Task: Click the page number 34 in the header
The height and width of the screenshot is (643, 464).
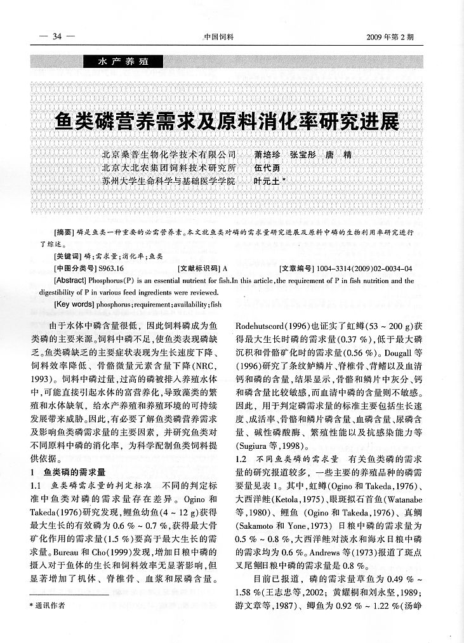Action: (56, 36)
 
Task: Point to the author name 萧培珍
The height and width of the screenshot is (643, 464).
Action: (266, 155)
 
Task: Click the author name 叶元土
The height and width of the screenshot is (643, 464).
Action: (268, 181)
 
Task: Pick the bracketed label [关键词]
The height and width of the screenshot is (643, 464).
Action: (66, 256)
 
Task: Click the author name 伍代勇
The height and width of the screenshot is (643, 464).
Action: (266, 168)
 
